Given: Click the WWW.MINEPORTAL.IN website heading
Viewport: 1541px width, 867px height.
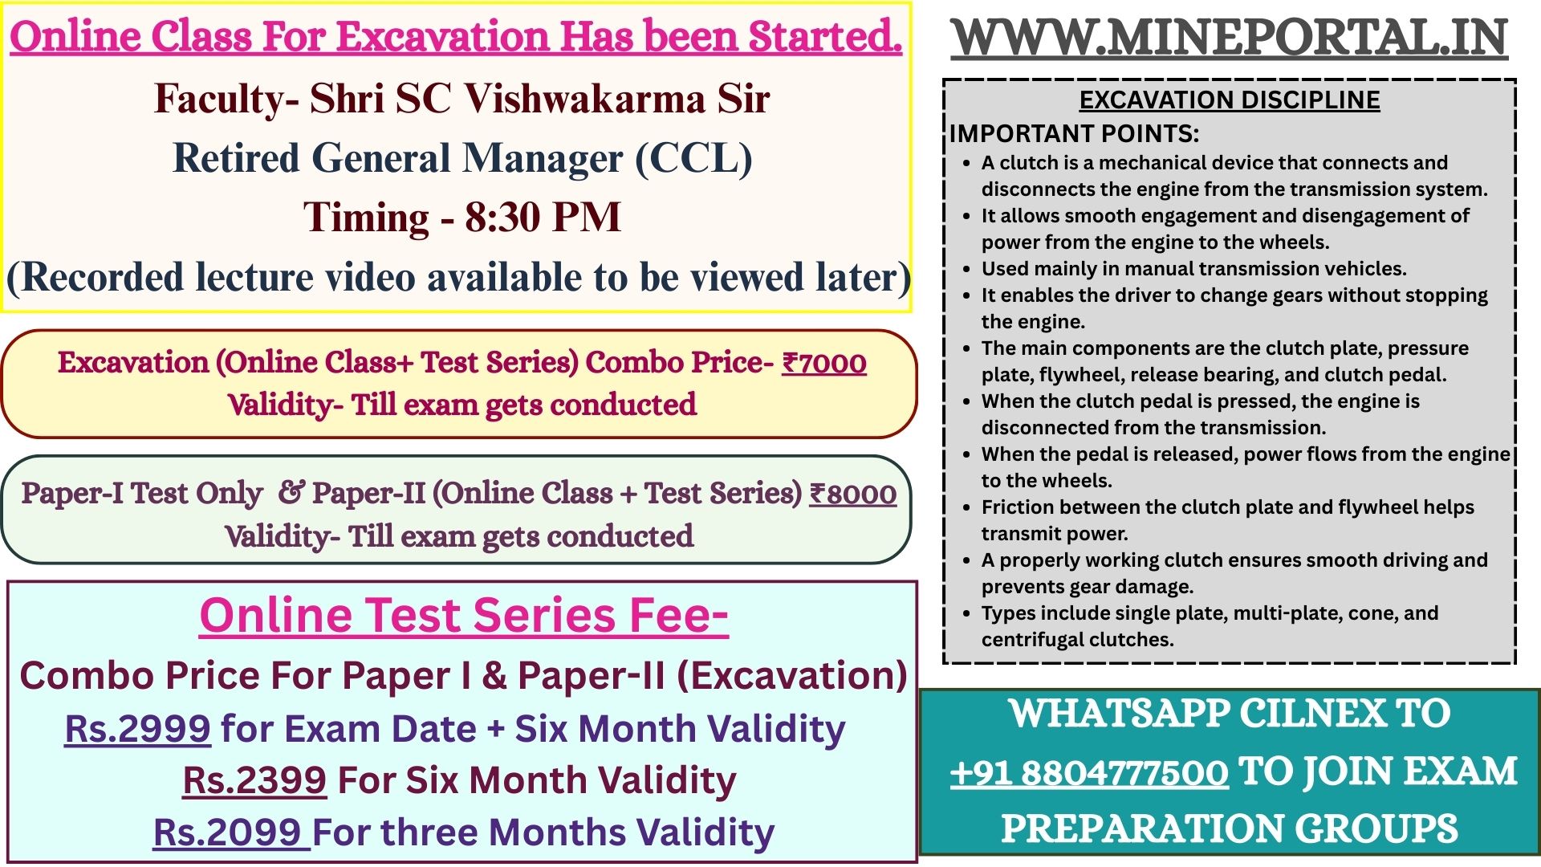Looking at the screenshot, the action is pyautogui.click(x=1230, y=38).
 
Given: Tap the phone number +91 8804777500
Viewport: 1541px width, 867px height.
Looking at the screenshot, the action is pyautogui.click(x=1089, y=772).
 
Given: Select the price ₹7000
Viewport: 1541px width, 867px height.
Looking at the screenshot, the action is pyautogui.click(x=824, y=363).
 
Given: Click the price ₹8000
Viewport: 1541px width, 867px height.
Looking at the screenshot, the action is pyautogui.click(x=852, y=494).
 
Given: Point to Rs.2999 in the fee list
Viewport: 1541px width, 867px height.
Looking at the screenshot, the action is pyautogui.click(x=138, y=729).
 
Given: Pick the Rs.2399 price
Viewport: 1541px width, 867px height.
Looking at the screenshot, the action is pyautogui.click(x=254, y=780).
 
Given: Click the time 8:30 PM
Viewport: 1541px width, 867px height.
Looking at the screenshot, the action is pyautogui.click(x=543, y=217).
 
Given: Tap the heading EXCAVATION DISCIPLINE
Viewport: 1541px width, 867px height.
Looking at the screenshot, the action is pyautogui.click(x=1230, y=100).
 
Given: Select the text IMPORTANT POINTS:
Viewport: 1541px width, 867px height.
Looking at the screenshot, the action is pyautogui.click(x=1074, y=133).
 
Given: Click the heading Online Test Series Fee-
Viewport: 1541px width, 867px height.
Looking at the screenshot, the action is pyautogui.click(x=464, y=616).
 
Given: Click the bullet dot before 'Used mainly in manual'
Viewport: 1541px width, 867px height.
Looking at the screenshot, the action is pyautogui.click(x=967, y=270).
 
